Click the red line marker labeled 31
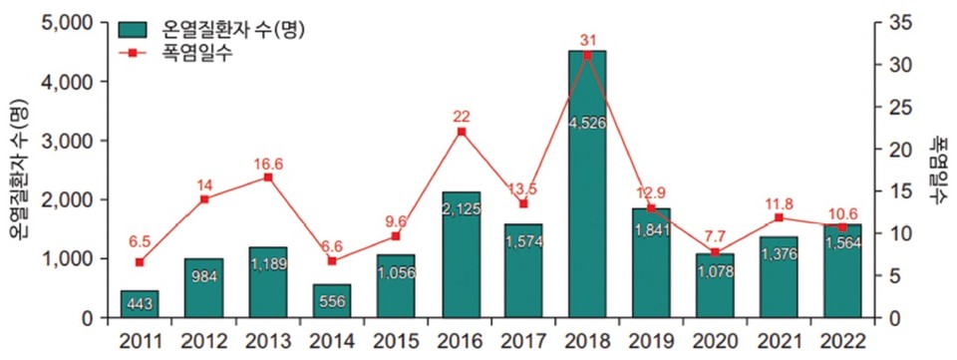point(587,55)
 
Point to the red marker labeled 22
point(461,131)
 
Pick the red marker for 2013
point(268,178)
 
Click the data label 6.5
point(141,241)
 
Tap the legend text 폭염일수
point(195,54)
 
